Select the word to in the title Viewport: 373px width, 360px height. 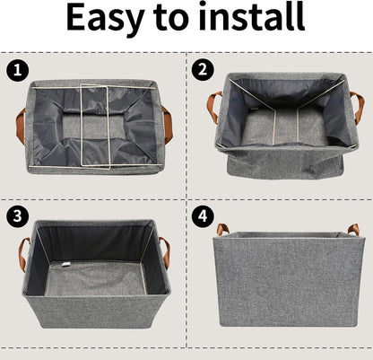(x=175, y=20)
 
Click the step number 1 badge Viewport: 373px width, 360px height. (x=15, y=68)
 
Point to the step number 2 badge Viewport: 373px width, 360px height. (x=204, y=68)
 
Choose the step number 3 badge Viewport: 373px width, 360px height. (x=15, y=215)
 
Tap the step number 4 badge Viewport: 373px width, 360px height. (x=204, y=215)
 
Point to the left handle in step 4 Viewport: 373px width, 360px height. (x=221, y=229)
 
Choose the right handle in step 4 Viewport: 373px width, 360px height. (x=352, y=230)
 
